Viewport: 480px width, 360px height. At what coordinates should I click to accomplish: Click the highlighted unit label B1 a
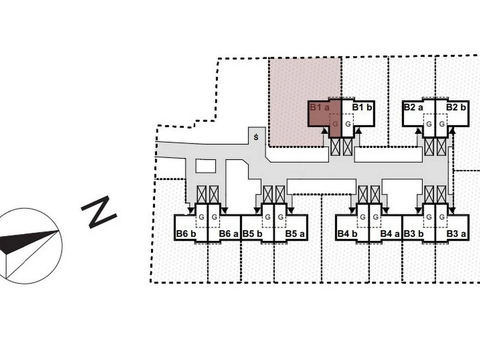click(x=319, y=108)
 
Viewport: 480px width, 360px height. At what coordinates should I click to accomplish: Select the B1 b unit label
click(x=362, y=108)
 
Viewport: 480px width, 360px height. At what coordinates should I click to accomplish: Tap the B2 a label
click(x=413, y=107)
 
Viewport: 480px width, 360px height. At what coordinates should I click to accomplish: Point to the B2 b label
click(x=456, y=107)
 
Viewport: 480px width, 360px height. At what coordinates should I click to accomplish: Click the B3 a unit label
click(x=456, y=234)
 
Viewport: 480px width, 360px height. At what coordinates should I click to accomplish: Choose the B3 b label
click(x=414, y=234)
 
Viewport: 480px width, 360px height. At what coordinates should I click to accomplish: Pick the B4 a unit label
click(x=390, y=234)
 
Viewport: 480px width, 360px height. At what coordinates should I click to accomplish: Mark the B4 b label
click(x=347, y=234)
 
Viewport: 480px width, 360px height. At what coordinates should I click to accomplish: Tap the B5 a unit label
click(x=295, y=234)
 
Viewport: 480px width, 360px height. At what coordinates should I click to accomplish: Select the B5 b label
click(x=252, y=234)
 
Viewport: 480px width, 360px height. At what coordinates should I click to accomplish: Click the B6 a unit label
click(x=229, y=234)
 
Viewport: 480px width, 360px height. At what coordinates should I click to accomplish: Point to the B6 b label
click(x=186, y=234)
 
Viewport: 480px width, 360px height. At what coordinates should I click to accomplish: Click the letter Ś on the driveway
click(x=256, y=137)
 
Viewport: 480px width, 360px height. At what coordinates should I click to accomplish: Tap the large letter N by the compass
click(x=99, y=212)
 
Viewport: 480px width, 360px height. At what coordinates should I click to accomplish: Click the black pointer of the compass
click(x=26, y=240)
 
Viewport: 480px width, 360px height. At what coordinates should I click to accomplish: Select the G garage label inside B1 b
click(x=348, y=124)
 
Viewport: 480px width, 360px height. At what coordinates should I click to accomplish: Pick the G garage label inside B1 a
click(x=335, y=124)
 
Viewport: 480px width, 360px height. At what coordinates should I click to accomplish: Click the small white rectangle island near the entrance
click(x=205, y=166)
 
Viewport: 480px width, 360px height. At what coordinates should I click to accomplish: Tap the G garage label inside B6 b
click(x=202, y=217)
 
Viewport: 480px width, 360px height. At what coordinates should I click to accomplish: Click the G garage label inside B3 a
click(x=442, y=217)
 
